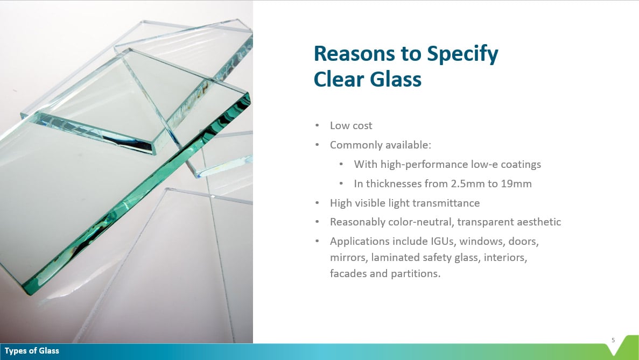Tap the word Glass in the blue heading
coord(395,79)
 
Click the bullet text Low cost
coord(351,125)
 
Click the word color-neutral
coord(421,222)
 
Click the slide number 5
coord(613,340)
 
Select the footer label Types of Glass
coord(32,351)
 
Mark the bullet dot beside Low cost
coord(317,125)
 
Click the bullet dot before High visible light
coord(317,203)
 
